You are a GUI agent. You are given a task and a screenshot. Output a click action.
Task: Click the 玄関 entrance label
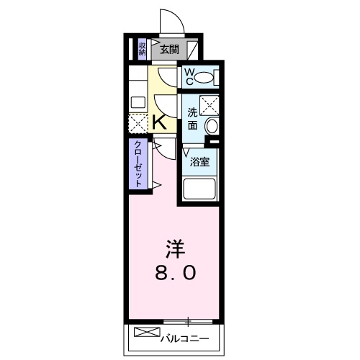pyautogui.click(x=169, y=50)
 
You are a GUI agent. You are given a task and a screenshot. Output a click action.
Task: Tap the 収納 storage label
pyautogui.click(x=143, y=49)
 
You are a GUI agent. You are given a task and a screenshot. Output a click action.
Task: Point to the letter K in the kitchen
pyautogui.click(x=160, y=122)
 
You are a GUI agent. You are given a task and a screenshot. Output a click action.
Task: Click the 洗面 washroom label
pyautogui.click(x=192, y=118)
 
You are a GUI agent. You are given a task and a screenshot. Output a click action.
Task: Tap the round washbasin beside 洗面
pyautogui.click(x=212, y=126)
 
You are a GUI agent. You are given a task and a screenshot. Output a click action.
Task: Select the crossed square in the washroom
pyautogui.click(x=209, y=105)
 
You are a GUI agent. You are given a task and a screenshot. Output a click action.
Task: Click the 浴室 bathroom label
pyautogui.click(x=199, y=161)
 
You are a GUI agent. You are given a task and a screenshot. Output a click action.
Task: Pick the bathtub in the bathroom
pyautogui.click(x=199, y=189)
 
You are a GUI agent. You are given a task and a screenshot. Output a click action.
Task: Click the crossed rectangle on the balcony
pyautogui.click(x=144, y=333)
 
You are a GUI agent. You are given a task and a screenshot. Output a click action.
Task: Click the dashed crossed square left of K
pyautogui.click(x=138, y=122)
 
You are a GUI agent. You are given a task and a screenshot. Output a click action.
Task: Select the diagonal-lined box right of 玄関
pyautogui.click(x=192, y=49)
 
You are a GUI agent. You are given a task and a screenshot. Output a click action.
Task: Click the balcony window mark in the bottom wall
pyautogui.click(x=189, y=320)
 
